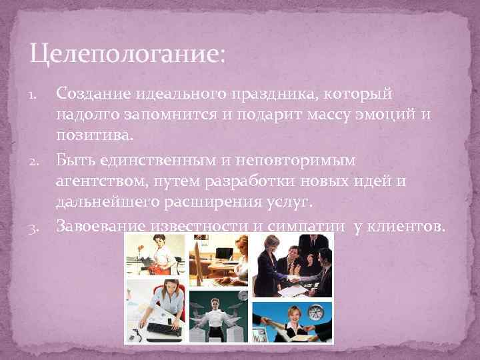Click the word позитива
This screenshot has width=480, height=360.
point(94,136)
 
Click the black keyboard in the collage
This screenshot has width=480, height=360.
point(163,328)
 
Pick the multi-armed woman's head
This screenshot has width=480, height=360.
point(215,305)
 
